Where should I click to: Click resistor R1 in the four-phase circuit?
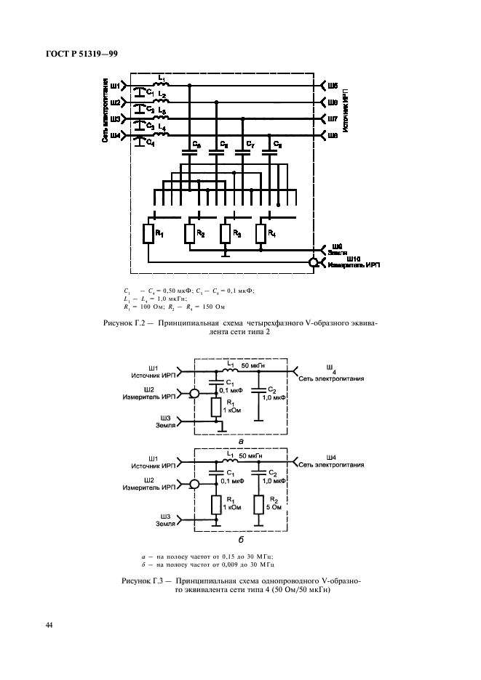click(148, 234)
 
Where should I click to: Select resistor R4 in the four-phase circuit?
click(261, 234)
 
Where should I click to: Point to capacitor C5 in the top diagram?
click(191, 153)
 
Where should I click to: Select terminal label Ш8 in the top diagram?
click(332, 135)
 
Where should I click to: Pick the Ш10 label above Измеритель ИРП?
click(354, 258)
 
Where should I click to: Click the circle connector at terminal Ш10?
click(314, 263)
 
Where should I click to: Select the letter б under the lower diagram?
click(240, 541)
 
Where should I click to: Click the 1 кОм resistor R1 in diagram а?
click(216, 407)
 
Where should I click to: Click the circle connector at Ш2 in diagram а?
click(194, 394)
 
